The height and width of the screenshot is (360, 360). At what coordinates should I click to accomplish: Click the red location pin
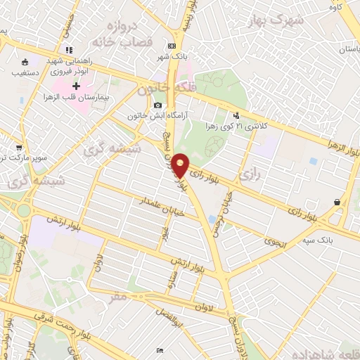click(181, 165)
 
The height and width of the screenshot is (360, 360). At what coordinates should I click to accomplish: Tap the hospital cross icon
click(77, 84)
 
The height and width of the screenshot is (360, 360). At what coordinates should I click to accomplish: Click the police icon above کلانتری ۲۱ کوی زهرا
click(236, 115)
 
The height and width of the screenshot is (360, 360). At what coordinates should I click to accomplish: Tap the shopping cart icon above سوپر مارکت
click(19, 148)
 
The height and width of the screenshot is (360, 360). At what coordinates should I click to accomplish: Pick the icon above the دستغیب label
click(25, 61)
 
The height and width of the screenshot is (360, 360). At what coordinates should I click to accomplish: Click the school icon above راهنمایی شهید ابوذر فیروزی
click(69, 50)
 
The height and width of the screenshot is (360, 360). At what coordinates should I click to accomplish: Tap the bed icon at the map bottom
click(160, 350)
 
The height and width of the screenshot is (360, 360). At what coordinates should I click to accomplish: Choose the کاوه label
click(335, 6)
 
